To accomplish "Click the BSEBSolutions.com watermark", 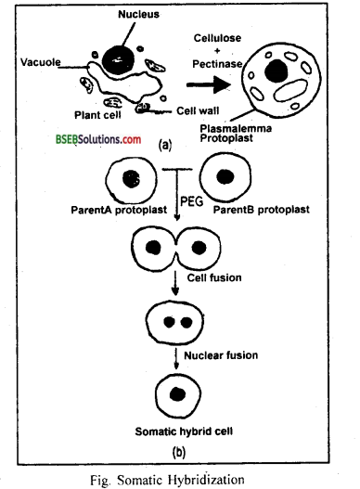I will (x=88, y=138).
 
